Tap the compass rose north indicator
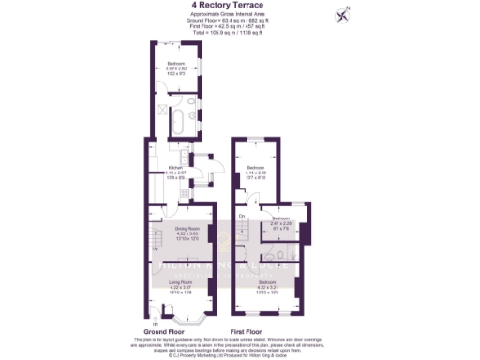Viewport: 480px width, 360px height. click(x=343, y=14)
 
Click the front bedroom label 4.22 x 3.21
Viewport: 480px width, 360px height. click(x=267, y=282)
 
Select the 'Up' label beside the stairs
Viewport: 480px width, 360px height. click(x=156, y=248)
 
